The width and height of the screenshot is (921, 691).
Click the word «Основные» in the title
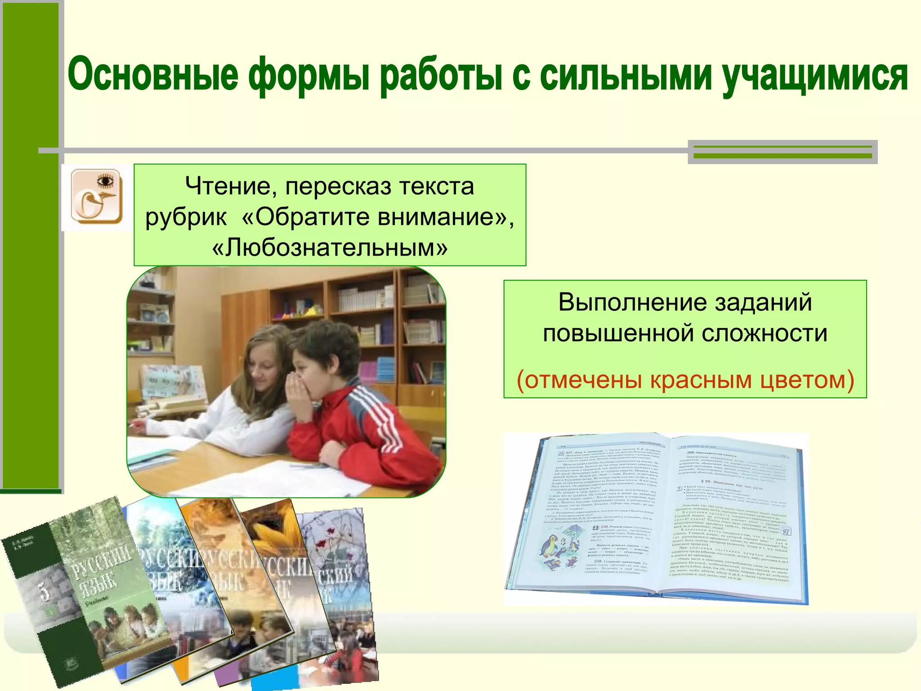click(153, 75)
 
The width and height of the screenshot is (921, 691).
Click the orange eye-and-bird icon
click(96, 197)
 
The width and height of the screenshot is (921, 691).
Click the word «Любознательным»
click(330, 247)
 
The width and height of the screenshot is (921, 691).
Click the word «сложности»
click(765, 333)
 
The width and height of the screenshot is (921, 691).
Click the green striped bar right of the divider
click(782, 152)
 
